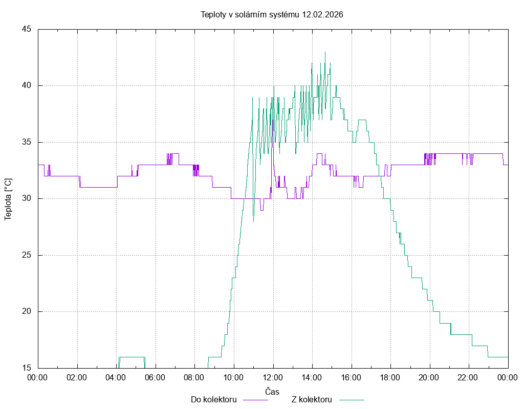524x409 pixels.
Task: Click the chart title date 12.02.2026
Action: click(x=322, y=14)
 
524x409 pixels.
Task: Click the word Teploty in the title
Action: click(x=213, y=14)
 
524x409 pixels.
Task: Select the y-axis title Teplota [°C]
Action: click(x=8, y=199)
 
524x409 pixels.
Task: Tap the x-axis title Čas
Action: click(x=272, y=391)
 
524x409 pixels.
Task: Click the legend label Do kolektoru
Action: click(x=213, y=399)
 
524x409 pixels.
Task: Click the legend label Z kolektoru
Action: click(x=312, y=399)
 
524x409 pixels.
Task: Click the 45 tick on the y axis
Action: click(x=27, y=29)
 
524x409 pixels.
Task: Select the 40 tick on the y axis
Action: click(x=27, y=85)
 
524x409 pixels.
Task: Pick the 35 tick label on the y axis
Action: click(x=27, y=142)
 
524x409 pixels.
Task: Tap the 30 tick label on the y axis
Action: click(x=27, y=198)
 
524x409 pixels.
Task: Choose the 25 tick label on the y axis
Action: click(x=27, y=255)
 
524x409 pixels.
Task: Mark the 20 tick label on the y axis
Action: click(x=27, y=311)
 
